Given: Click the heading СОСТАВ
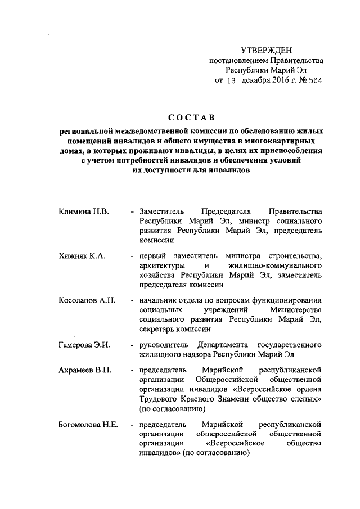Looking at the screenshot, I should [191, 118].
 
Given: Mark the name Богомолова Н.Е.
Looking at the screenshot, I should [88, 424].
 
